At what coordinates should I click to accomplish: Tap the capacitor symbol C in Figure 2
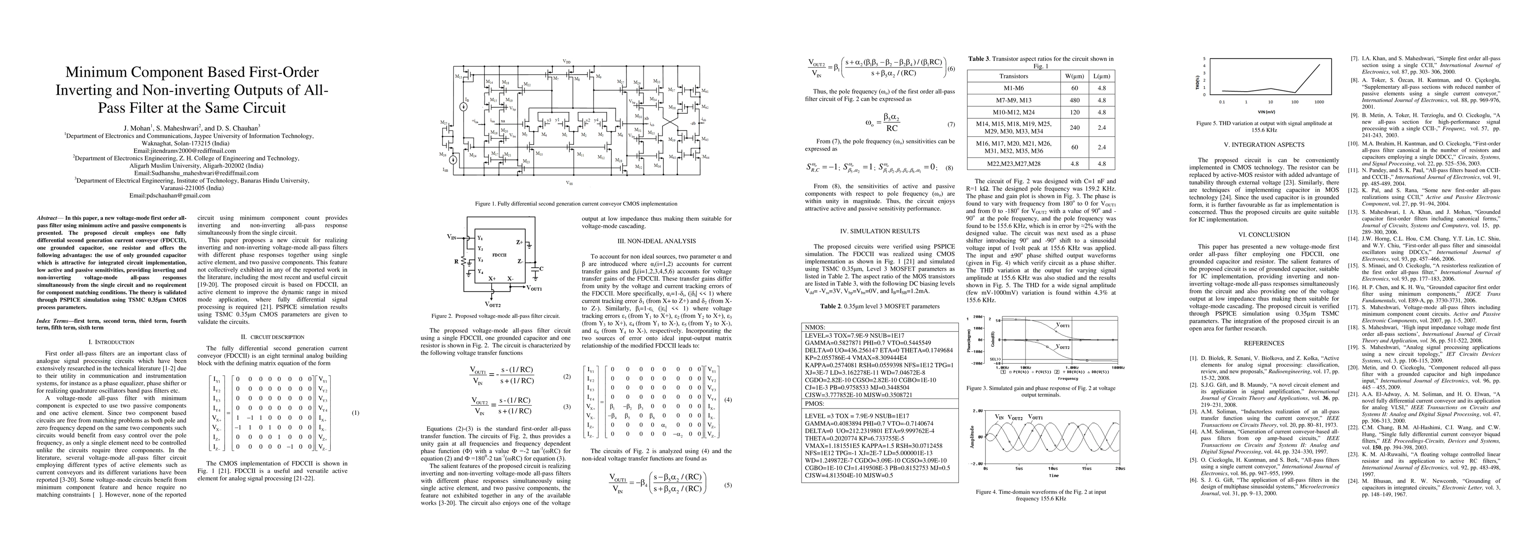(x=541, y=269)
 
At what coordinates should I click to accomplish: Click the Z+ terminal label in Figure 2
(x=520, y=243)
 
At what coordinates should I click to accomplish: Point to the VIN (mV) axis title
(x=1277, y=111)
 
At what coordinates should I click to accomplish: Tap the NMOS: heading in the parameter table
(x=816, y=327)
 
